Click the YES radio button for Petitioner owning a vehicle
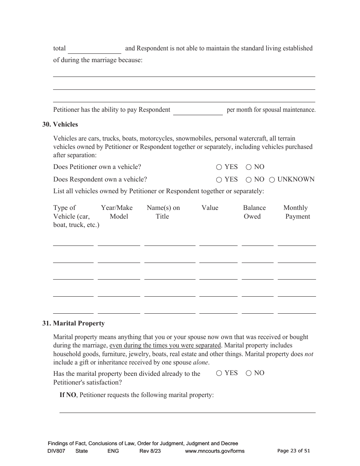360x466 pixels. point(219,167)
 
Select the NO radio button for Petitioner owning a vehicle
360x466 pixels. point(249,167)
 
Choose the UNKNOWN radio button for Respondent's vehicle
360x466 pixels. point(272,180)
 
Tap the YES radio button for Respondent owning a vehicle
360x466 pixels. point(219,180)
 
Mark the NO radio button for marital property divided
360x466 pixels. point(249,373)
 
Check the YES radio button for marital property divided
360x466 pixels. point(219,373)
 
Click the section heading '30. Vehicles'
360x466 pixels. point(60,124)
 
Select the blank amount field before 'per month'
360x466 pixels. point(198,111)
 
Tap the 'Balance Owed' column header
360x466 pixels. point(254,212)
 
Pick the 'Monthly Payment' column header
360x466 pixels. point(296,212)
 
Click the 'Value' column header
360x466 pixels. point(210,208)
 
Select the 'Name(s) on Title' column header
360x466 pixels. point(163,212)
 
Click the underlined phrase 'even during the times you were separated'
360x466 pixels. point(165,346)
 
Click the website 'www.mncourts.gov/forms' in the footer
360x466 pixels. point(214,451)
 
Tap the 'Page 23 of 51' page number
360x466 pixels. point(293,450)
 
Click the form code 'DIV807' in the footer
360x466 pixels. point(56,451)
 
